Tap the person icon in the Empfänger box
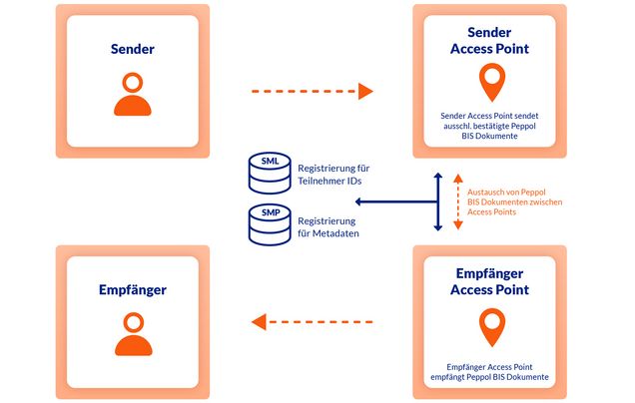click(133, 335)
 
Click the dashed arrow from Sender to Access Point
click(311, 92)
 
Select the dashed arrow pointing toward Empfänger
click(311, 321)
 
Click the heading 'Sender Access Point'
click(490, 39)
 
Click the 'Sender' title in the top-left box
click(133, 47)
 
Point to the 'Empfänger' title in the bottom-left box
click(133, 290)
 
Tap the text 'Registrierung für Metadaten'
click(328, 225)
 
